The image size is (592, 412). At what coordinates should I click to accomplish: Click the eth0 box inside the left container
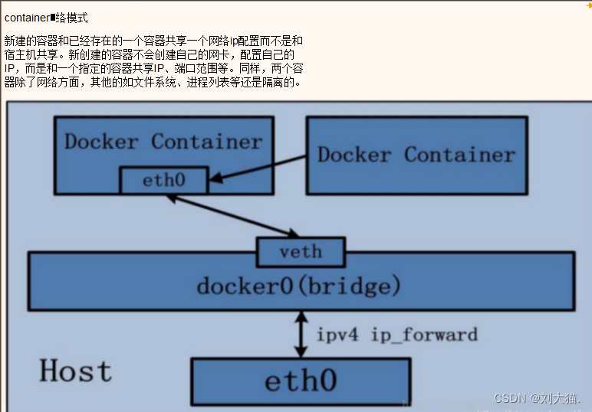pyautogui.click(x=164, y=181)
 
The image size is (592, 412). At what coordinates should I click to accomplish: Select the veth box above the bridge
pyautogui.click(x=301, y=252)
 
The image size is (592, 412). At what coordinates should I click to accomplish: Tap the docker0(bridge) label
pyautogui.click(x=299, y=286)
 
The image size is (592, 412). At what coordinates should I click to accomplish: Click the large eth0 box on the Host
pyautogui.click(x=301, y=380)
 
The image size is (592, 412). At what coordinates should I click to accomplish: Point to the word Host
pyautogui.click(x=75, y=371)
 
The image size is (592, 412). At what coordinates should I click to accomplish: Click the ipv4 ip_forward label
pyautogui.click(x=397, y=335)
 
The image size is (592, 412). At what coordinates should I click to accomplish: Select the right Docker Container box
pyautogui.click(x=416, y=155)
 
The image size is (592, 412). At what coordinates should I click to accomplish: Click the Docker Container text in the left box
pyautogui.click(x=163, y=142)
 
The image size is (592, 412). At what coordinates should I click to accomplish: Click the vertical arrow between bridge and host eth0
pyautogui.click(x=301, y=334)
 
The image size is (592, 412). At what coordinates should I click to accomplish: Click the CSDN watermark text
pyautogui.click(x=537, y=398)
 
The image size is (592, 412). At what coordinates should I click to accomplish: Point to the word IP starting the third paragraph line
pyautogui.click(x=10, y=68)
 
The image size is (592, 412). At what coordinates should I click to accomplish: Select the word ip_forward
pyautogui.click(x=424, y=335)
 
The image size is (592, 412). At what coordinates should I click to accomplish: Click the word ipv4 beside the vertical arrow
pyautogui.click(x=340, y=335)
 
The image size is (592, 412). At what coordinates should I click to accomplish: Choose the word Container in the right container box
pyautogui.click(x=460, y=155)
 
